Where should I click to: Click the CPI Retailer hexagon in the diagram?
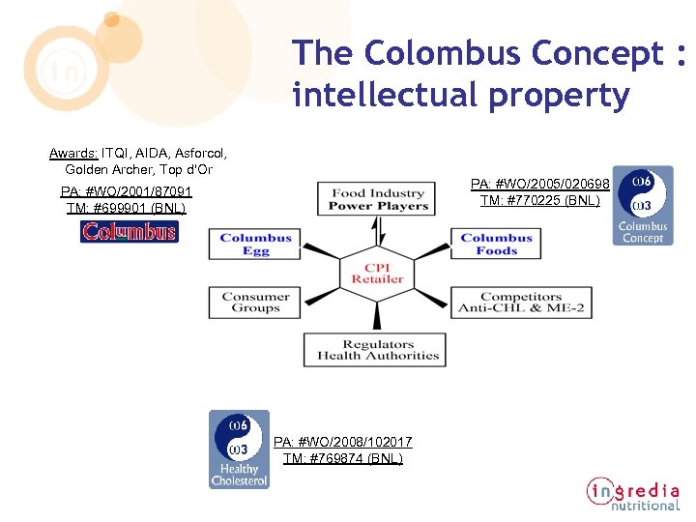[377, 274]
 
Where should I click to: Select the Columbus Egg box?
[256, 245]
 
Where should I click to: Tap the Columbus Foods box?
[497, 245]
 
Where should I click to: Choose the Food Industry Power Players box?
[378, 200]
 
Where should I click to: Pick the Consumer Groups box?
[256, 303]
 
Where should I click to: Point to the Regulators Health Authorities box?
[378, 350]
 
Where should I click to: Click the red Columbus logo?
[130, 232]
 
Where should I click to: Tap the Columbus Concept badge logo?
[643, 205]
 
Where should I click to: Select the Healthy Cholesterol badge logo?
[240, 449]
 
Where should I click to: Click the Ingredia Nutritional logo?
[633, 493]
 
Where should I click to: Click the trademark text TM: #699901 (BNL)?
[126, 208]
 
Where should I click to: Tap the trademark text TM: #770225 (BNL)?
[539, 200]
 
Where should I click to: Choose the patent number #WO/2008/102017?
[343, 442]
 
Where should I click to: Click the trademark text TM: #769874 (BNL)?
[343, 458]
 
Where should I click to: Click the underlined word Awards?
[73, 153]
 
